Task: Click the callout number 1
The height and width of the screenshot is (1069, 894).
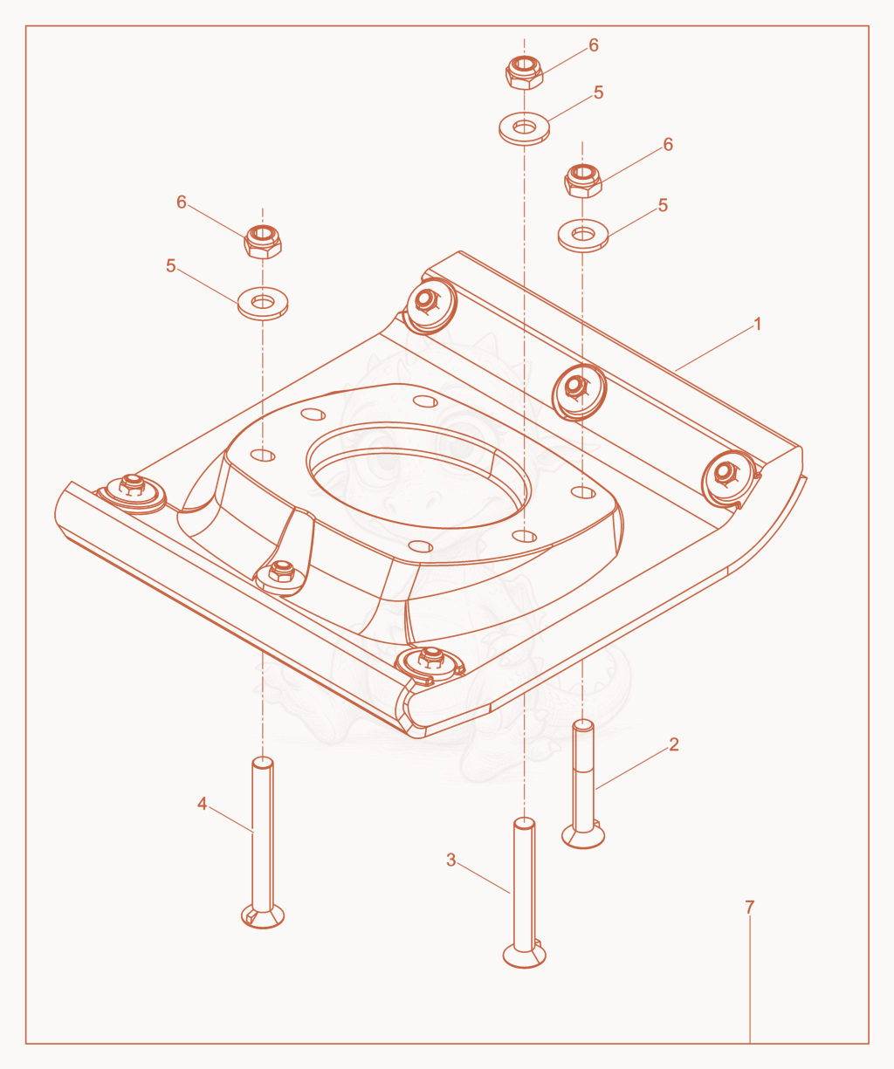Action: click(758, 324)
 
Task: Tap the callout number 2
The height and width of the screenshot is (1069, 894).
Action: click(674, 744)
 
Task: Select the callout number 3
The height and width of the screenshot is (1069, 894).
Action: click(450, 860)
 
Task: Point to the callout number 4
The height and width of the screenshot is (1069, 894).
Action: click(203, 804)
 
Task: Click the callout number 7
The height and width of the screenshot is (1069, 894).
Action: click(750, 908)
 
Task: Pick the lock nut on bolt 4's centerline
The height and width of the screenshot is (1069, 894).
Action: click(263, 242)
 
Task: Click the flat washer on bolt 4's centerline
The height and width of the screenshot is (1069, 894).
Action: click(263, 304)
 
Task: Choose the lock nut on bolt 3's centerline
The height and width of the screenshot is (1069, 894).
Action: click(524, 72)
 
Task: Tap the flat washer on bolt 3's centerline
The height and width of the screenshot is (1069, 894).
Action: click(524, 128)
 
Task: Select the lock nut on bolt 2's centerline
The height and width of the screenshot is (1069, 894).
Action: click(583, 182)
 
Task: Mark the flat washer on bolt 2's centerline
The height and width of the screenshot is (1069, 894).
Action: click(583, 236)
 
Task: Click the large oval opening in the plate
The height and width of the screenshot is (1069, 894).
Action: click(418, 476)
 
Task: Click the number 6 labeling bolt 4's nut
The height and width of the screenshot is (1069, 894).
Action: click(182, 202)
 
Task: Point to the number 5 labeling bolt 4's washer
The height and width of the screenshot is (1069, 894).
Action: click(170, 265)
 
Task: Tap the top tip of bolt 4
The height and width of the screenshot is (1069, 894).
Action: click(263, 757)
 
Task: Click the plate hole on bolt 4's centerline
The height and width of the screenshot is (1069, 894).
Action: click(263, 456)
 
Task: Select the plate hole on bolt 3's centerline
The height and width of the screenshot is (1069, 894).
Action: click(524, 537)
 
